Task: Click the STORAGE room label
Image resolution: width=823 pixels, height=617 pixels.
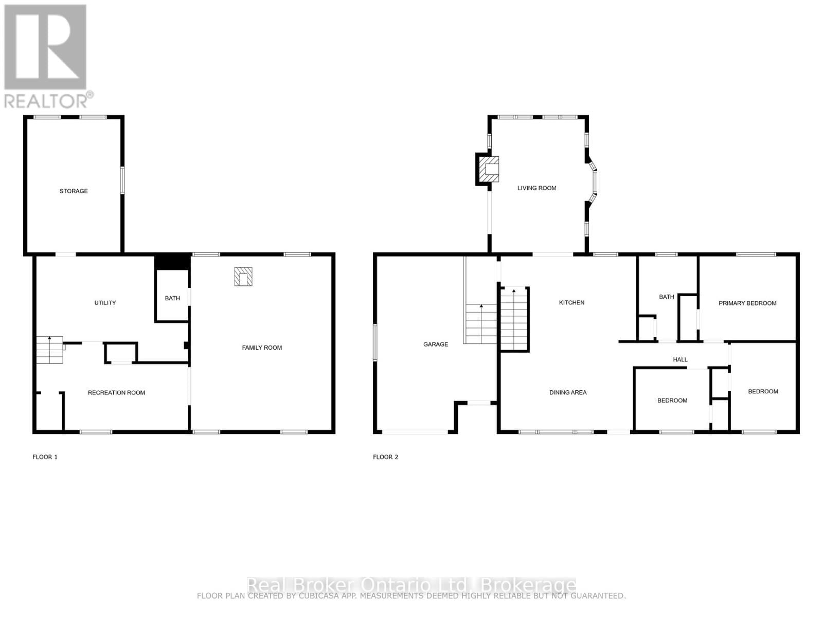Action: [x=74, y=191]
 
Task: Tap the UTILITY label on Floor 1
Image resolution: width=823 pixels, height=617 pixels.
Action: [x=105, y=303]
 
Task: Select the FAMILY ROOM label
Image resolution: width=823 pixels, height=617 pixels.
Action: [x=262, y=348]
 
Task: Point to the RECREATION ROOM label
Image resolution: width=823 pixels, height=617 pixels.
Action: [x=116, y=393]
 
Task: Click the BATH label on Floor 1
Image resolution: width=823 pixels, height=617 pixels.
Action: [x=172, y=298]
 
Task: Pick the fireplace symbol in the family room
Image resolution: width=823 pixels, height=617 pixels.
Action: [x=243, y=277]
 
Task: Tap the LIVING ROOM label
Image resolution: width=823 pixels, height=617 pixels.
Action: [x=536, y=188]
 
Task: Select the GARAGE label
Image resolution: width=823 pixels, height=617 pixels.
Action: [x=436, y=344]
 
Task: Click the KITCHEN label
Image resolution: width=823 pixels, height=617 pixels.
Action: [x=571, y=303]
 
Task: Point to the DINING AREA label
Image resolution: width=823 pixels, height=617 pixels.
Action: [x=568, y=393]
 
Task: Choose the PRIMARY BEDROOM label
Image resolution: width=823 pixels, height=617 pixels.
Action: [x=747, y=303]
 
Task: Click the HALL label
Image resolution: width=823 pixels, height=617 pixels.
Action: [x=680, y=360]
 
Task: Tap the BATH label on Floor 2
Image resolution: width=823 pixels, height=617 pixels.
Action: [x=667, y=297]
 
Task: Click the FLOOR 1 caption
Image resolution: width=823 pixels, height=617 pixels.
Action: [x=45, y=457]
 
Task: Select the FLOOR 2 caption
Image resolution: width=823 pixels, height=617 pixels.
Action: [x=386, y=457]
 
